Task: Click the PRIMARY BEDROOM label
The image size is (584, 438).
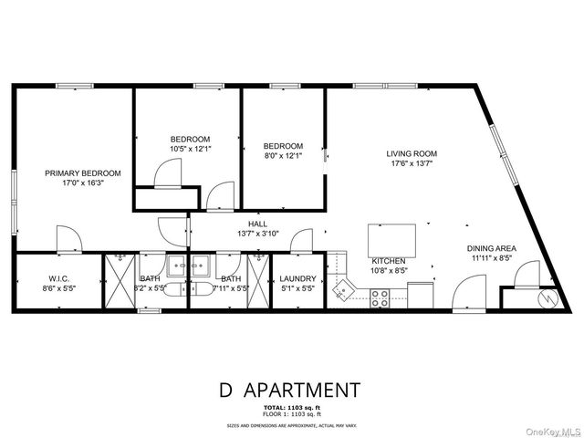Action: point(83,172)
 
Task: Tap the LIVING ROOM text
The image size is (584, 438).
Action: point(412,153)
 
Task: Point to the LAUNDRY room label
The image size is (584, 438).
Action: point(297,278)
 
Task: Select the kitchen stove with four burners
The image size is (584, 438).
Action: point(380,297)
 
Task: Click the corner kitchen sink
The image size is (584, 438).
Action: point(342,291)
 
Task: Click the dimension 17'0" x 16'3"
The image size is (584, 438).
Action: point(83,182)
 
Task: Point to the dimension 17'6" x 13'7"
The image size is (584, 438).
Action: point(412,164)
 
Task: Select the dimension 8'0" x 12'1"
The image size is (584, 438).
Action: point(282,157)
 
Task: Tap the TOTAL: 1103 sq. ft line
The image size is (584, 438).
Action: point(291,406)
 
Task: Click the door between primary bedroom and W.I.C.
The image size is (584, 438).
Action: point(68,238)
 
